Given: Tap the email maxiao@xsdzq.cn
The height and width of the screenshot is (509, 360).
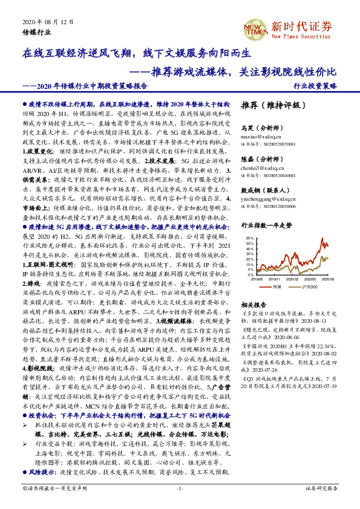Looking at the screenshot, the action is (260, 137).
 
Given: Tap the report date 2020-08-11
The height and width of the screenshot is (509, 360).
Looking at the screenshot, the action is (317, 322).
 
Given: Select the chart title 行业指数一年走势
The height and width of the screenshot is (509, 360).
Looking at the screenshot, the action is (266, 224).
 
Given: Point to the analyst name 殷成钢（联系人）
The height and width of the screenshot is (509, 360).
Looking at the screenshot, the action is (264, 189).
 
